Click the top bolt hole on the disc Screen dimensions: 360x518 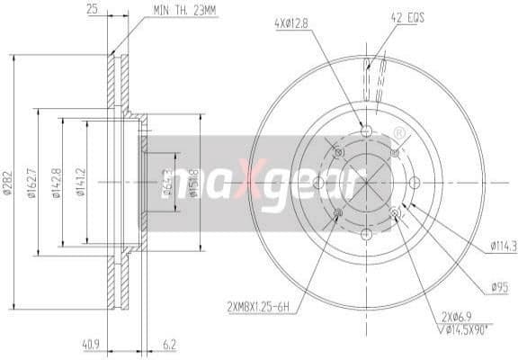[365, 131]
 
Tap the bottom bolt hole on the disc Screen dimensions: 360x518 [365, 234]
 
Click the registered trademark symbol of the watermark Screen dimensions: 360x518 [397, 134]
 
